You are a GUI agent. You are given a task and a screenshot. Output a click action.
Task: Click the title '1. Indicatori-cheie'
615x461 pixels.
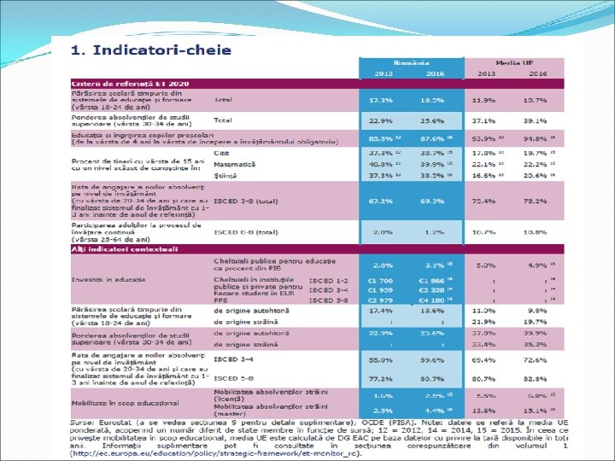151,50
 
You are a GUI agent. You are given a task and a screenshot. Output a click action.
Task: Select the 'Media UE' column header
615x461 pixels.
513,64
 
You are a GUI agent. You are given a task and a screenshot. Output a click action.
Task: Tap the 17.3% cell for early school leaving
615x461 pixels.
381,100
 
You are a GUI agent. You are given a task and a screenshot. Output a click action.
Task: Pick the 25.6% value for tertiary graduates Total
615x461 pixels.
432,120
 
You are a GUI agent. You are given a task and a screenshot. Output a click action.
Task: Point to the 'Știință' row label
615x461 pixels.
226,174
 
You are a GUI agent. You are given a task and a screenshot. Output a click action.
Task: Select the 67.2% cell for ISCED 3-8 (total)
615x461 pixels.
381,201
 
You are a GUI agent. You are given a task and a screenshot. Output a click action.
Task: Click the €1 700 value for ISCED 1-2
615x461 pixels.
381,280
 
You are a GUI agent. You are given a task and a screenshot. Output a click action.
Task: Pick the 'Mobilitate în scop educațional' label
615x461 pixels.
126,403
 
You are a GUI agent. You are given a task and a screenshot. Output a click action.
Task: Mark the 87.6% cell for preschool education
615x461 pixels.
432,138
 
